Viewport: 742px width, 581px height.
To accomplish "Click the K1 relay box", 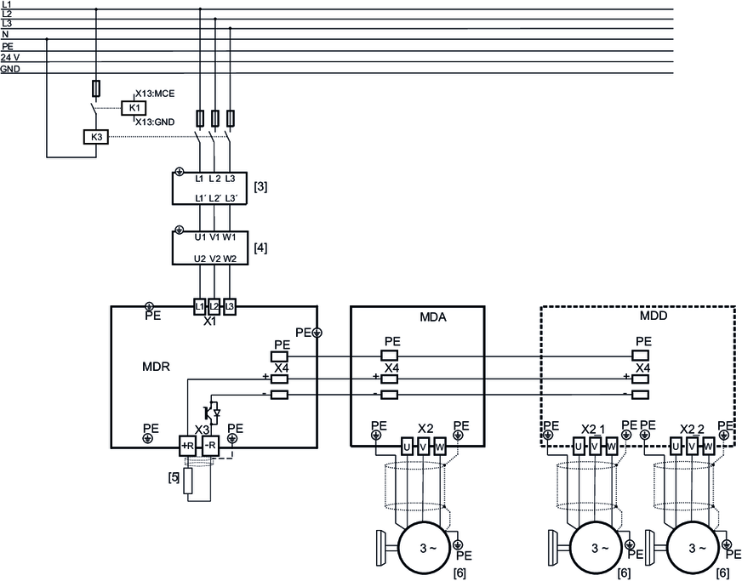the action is tap(134, 108).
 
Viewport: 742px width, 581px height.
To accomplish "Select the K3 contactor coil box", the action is tap(96, 137).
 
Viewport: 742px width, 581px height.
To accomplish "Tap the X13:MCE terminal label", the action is tap(155, 94).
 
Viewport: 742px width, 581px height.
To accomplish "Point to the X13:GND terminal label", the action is tap(155, 122).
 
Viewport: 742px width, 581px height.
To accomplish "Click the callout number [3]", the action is tap(260, 187).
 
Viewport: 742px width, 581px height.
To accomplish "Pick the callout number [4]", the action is tap(260, 248).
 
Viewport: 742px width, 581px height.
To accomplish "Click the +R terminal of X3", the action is tap(187, 446).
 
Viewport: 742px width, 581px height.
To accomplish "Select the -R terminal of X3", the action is tap(210, 446).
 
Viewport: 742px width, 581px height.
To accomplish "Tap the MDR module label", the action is tap(156, 367).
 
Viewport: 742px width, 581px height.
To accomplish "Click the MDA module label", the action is tap(433, 317).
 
